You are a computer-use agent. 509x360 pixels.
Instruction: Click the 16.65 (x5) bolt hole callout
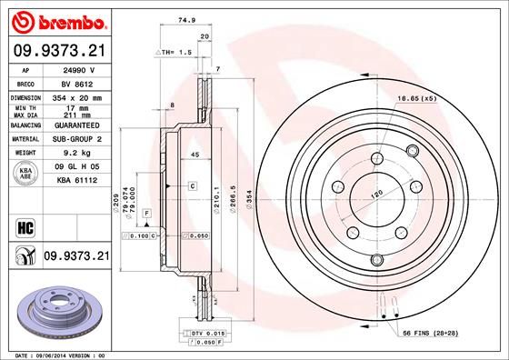[415, 97]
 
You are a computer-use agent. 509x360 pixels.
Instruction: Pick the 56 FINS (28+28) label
[440, 335]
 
